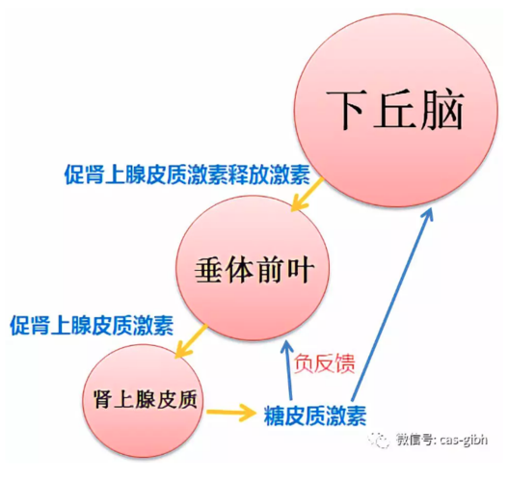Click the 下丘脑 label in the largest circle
395,110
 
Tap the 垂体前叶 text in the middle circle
254,270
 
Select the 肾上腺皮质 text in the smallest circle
146,399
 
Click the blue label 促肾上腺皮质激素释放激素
187,174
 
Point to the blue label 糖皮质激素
315,415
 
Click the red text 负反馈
324,362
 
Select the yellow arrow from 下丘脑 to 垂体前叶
308,194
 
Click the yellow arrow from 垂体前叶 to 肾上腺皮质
191,340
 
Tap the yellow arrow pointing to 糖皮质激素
231,413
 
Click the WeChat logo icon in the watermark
379,441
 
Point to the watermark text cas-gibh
464,441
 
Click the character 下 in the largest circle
345,110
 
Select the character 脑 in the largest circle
442,110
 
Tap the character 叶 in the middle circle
301,271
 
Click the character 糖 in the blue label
275,415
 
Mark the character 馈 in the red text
345,362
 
